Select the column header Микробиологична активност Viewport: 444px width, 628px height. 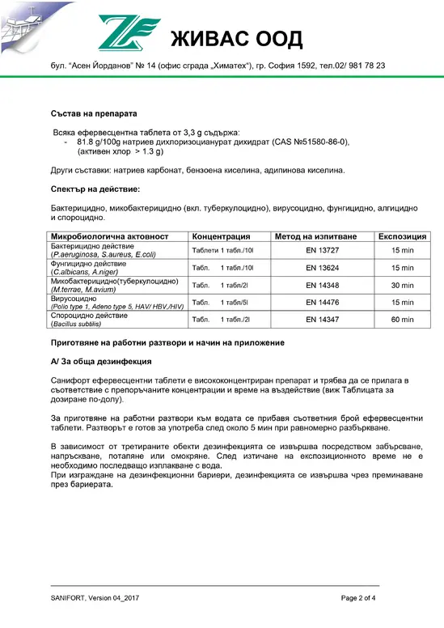pos(110,236)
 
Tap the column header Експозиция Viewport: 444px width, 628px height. pos(402,236)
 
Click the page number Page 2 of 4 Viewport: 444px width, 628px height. pos(366,598)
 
